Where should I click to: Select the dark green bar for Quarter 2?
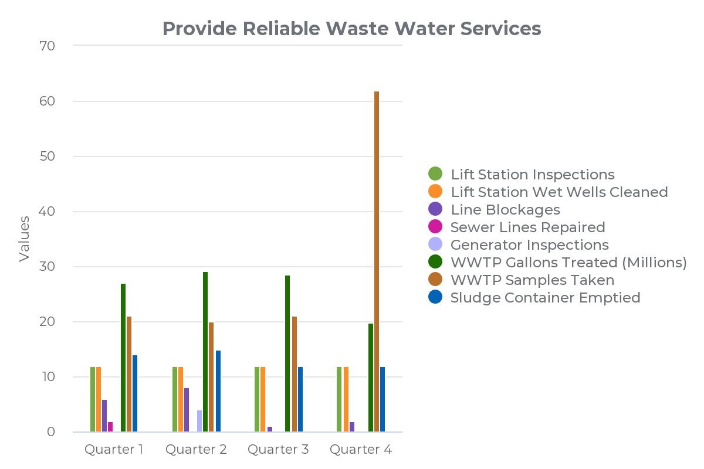[205, 352]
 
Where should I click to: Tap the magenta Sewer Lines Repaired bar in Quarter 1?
[110, 427]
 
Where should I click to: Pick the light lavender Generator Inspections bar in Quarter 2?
[199, 421]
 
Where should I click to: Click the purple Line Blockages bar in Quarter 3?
[270, 429]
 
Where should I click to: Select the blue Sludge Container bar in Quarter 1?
[134, 393]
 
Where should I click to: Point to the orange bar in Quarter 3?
[263, 399]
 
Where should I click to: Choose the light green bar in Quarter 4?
[339, 399]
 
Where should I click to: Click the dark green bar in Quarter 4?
[371, 378]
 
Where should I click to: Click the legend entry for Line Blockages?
[505, 209]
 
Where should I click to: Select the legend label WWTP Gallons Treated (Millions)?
[568, 262]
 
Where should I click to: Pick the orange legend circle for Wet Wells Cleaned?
[435, 192]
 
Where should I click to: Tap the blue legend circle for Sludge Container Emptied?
[435, 297]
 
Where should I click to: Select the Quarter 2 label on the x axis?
[196, 450]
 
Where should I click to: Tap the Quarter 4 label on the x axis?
[361, 450]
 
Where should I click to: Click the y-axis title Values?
[24, 239]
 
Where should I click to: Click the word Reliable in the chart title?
[280, 28]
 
